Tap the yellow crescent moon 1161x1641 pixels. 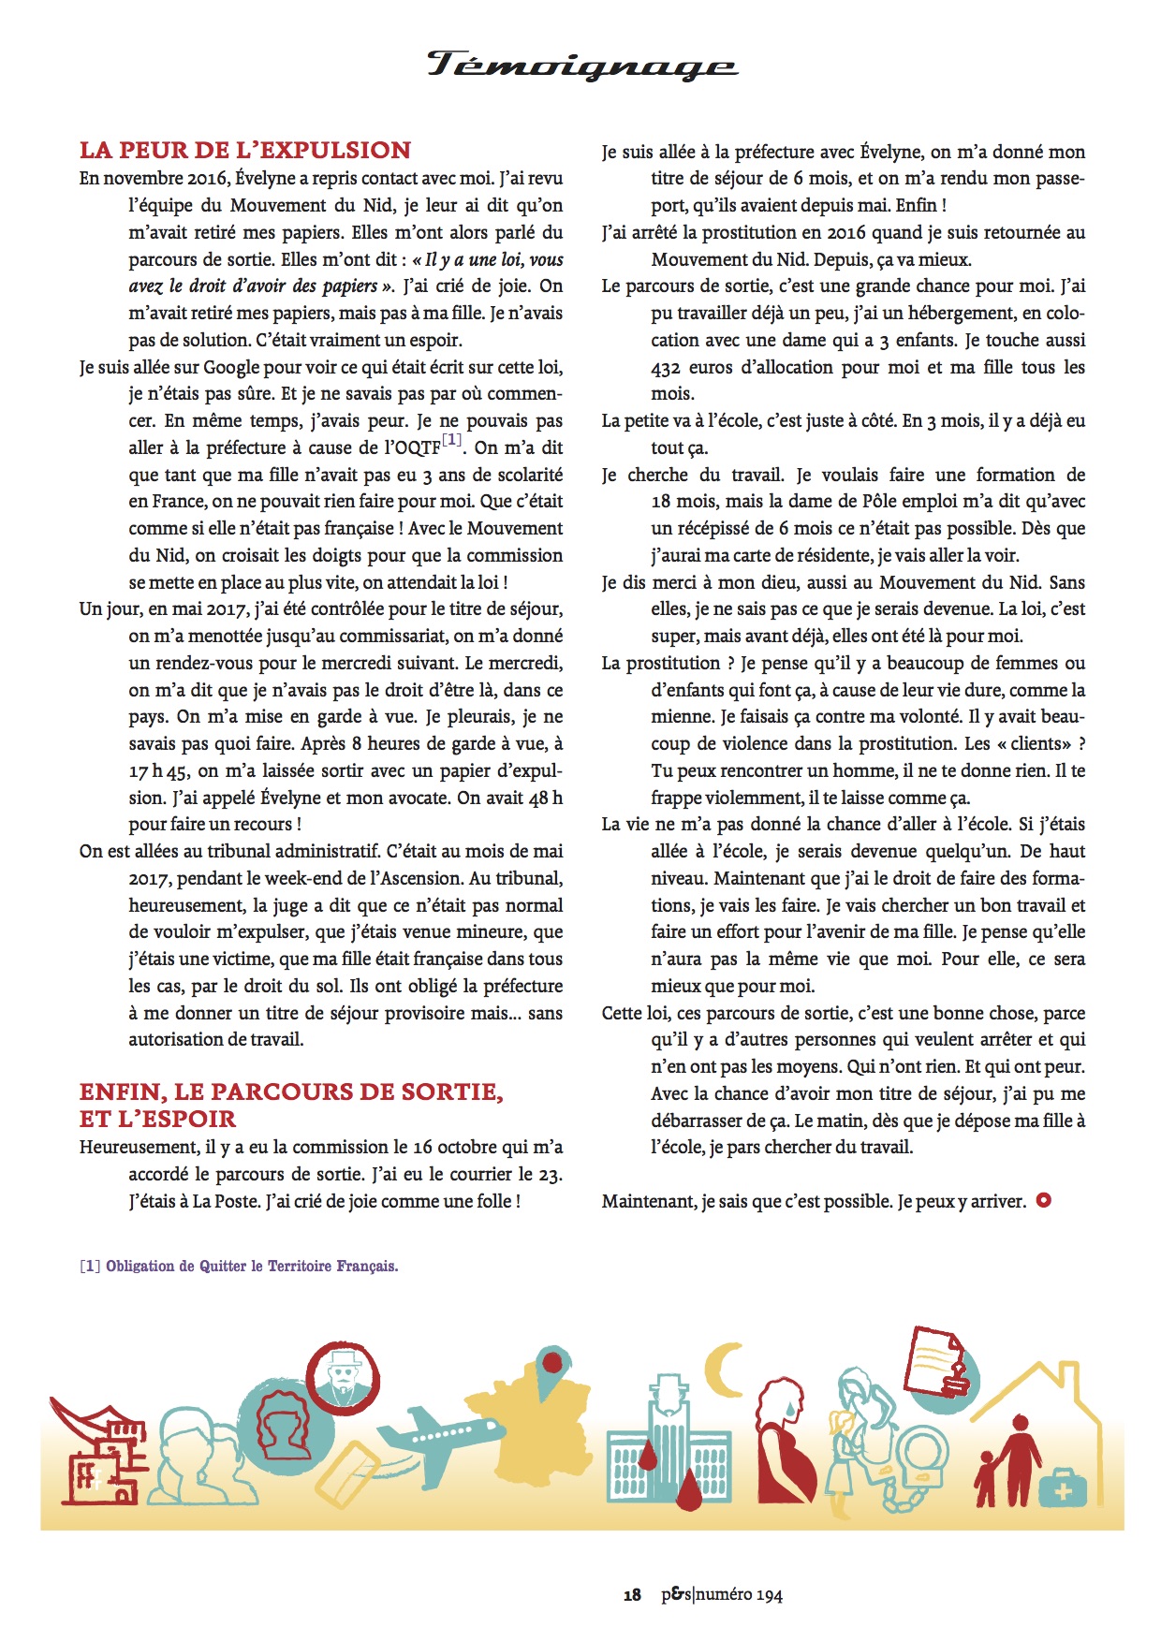pyautogui.click(x=723, y=1369)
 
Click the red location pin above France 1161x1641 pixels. pyautogui.click(x=552, y=1364)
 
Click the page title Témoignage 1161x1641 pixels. pyautogui.click(x=582, y=65)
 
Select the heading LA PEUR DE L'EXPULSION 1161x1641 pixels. pyautogui.click(x=245, y=150)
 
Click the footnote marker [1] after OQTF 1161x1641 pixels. pyautogui.click(x=451, y=439)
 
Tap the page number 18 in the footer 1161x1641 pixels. pyautogui.click(x=632, y=1595)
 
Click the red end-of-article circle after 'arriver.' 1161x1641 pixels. pyautogui.click(x=1043, y=1200)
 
